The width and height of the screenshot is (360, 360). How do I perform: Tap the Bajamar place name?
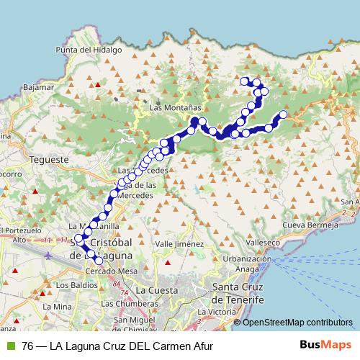(x=40, y=86)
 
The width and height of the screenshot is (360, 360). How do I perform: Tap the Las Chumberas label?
(x=127, y=303)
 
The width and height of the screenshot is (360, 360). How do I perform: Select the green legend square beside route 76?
(x=10, y=345)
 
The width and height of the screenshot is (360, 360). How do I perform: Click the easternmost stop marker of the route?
(x=283, y=114)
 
